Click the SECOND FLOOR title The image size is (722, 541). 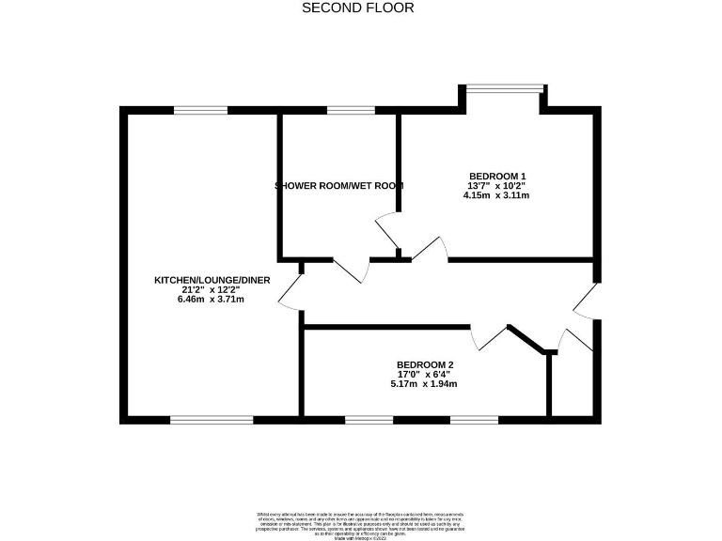click(357, 8)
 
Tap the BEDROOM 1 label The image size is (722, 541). click(496, 176)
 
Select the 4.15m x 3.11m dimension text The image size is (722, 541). click(496, 196)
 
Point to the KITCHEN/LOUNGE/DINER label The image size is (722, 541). click(199, 280)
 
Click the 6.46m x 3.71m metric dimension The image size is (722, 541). click(199, 301)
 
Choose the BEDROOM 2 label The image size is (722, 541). click(425, 364)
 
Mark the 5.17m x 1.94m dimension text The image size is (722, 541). click(425, 384)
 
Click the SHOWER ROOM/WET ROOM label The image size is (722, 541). click(339, 186)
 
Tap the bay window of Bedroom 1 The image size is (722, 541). click(505, 90)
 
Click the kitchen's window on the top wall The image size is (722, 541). click(200, 111)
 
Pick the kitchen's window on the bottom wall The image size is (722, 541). click(212, 419)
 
